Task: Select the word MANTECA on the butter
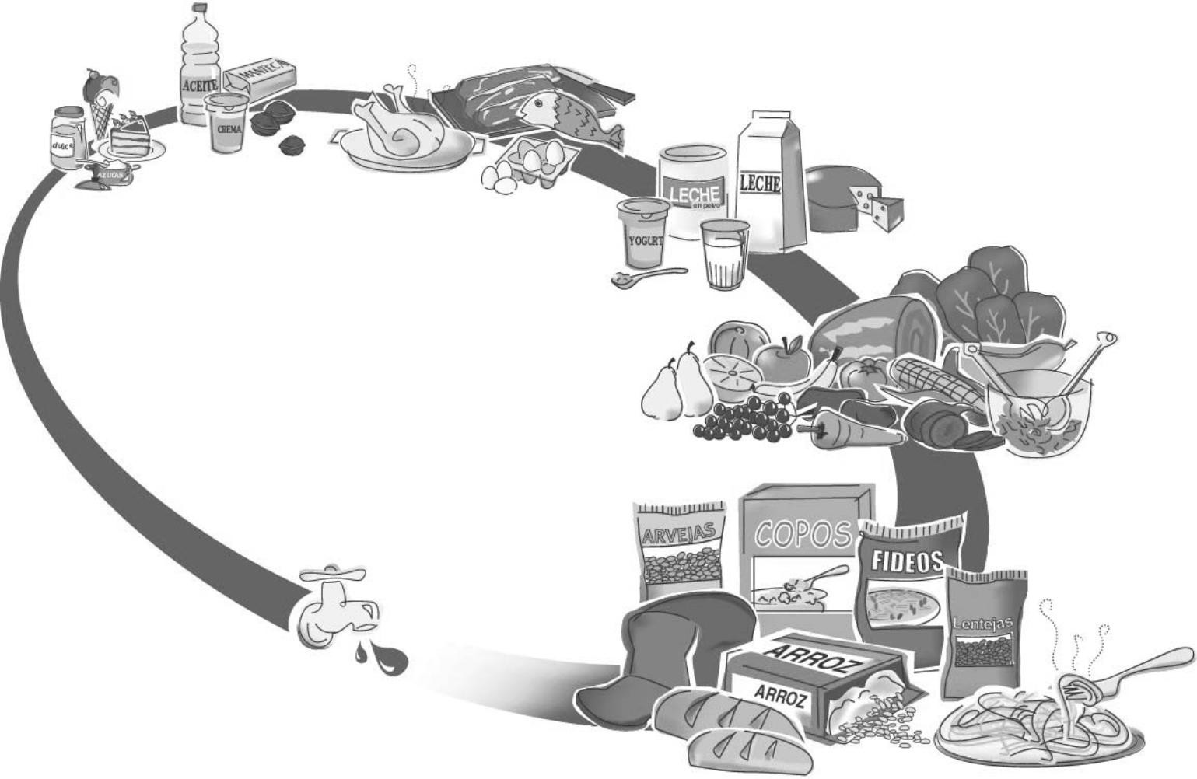pos(260,74)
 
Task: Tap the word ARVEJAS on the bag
pos(678,534)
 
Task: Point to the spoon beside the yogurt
pos(646,277)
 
